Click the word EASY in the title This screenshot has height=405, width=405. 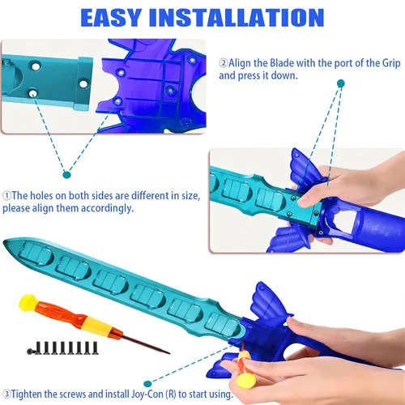(111, 18)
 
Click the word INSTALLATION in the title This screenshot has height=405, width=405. (237, 18)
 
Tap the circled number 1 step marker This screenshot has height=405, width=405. (7, 195)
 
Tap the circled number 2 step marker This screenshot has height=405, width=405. (224, 63)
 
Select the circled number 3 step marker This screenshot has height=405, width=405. (6, 394)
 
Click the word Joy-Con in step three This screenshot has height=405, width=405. (147, 394)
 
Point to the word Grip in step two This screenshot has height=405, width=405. (391, 64)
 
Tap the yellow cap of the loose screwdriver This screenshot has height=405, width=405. (28, 303)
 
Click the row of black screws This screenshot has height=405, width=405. (62, 347)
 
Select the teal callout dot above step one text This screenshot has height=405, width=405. (66, 175)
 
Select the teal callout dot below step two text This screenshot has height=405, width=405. (341, 83)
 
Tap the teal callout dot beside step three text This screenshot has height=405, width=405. (147, 384)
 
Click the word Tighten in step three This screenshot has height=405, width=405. (27, 394)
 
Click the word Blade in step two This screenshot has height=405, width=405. (282, 63)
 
